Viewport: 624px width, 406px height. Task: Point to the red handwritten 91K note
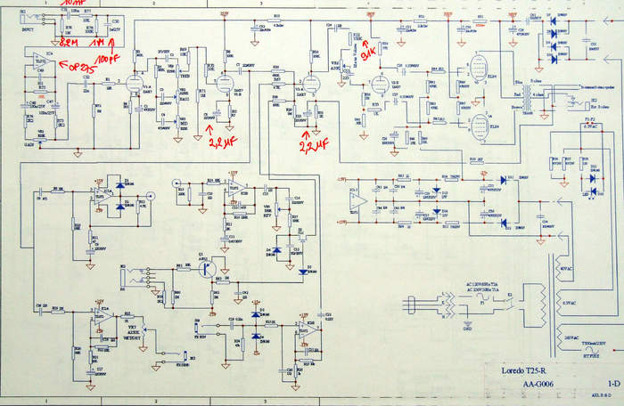click(367, 39)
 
